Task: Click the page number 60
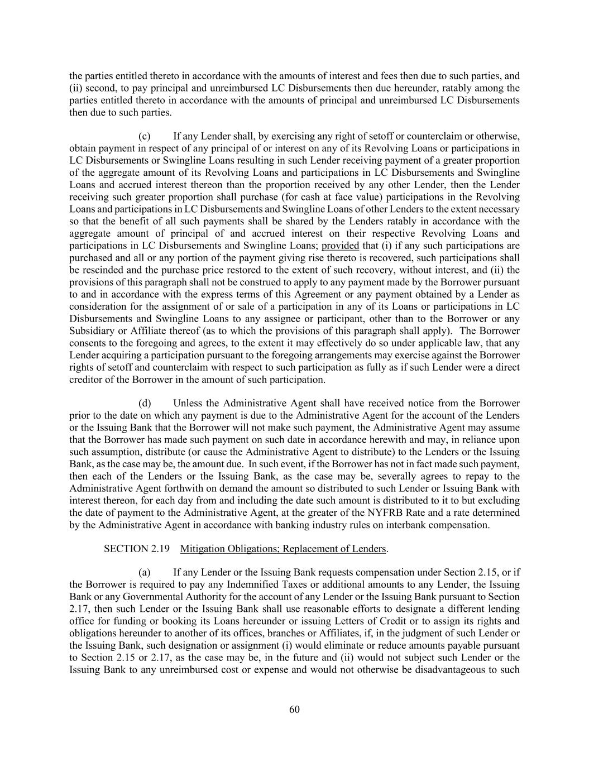click(295, 710)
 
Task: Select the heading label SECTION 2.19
click(133, 549)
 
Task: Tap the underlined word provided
click(340, 246)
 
